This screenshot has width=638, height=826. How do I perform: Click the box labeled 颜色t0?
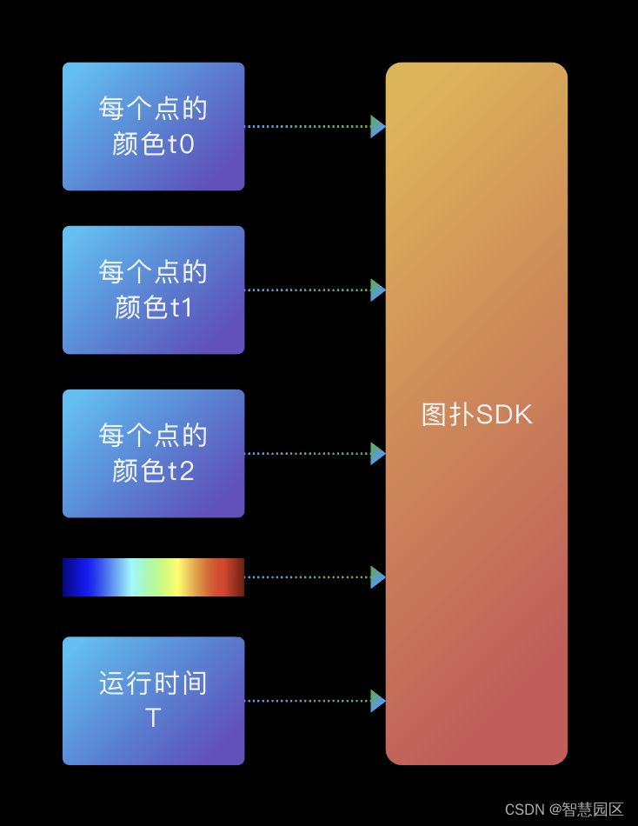[153, 126]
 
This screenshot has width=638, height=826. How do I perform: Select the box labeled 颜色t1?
[153, 290]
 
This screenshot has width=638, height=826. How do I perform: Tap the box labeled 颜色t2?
[153, 453]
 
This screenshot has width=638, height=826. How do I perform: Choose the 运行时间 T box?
[153, 701]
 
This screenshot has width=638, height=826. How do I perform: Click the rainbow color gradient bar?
[153, 577]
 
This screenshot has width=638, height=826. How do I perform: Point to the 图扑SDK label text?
[476, 415]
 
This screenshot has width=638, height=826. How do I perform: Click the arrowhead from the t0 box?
[377, 126]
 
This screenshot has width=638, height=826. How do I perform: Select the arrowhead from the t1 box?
[377, 290]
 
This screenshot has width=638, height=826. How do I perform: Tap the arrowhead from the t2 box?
[377, 453]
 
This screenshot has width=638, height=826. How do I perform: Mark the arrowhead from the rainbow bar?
[377, 577]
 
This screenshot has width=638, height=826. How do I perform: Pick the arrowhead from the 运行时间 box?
[377, 701]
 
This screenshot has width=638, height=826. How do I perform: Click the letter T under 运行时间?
[153, 719]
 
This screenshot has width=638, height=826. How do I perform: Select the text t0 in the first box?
[181, 144]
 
